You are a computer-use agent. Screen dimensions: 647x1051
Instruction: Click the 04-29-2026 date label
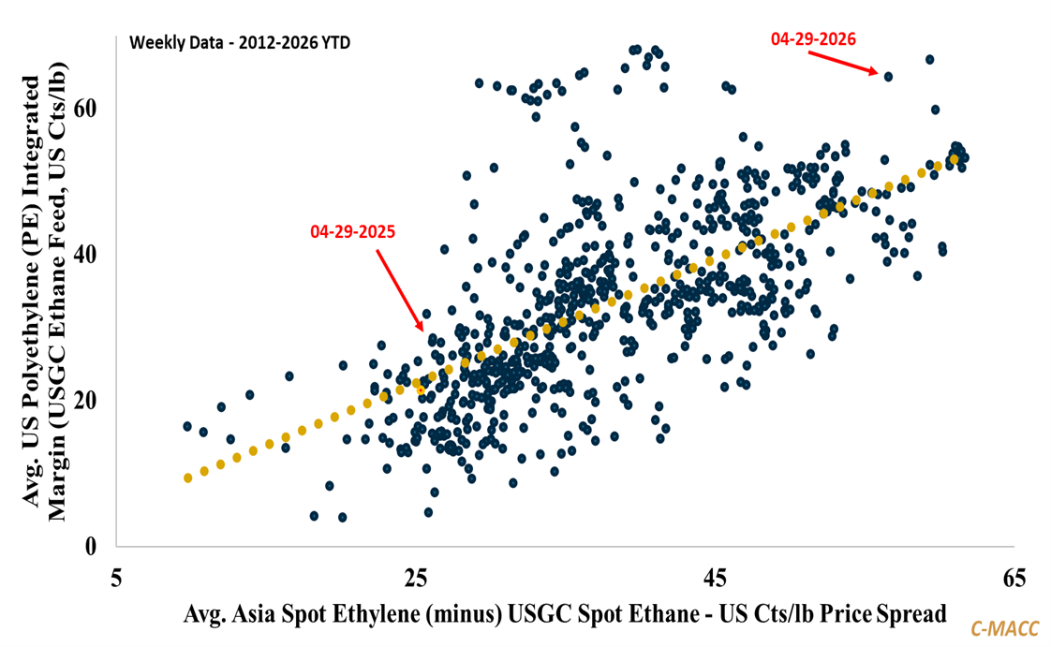(813, 39)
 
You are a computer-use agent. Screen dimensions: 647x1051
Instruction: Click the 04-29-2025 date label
(353, 232)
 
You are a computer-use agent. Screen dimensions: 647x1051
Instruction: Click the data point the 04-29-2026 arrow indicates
(888, 77)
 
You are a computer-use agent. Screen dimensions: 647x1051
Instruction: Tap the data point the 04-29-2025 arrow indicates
(432, 339)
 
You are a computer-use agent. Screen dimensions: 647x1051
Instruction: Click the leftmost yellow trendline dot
(187, 478)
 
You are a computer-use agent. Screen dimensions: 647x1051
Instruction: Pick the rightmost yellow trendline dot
(954, 159)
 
